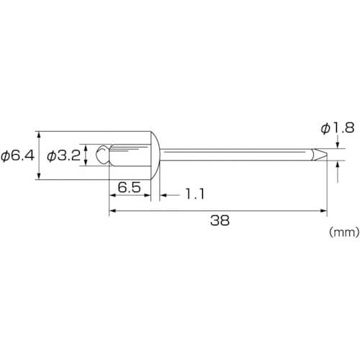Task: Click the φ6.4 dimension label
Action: click(17, 156)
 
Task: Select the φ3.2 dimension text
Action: click(63, 156)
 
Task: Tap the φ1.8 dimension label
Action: click(338, 128)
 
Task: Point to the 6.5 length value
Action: click(129, 187)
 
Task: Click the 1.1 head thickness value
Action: click(195, 194)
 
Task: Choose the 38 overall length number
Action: click(220, 220)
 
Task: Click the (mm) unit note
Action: click(344, 232)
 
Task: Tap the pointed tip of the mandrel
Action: click(326, 155)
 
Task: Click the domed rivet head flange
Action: click(155, 156)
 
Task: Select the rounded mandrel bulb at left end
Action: click(103, 155)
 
